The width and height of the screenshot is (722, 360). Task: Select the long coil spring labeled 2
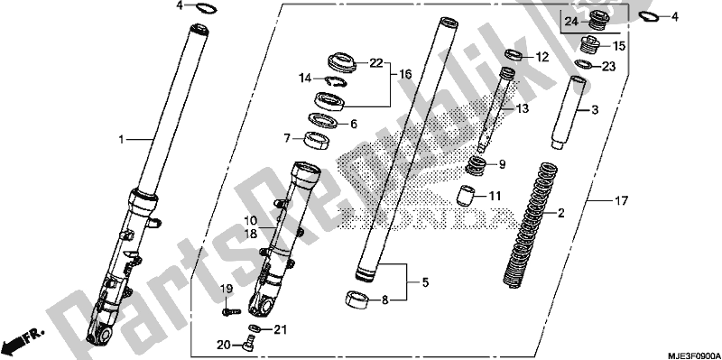click(x=535, y=217)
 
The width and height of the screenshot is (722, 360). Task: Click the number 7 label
click(x=286, y=139)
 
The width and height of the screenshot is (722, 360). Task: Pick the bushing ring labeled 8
click(x=357, y=300)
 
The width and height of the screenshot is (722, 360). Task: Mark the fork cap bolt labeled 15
click(x=592, y=46)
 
